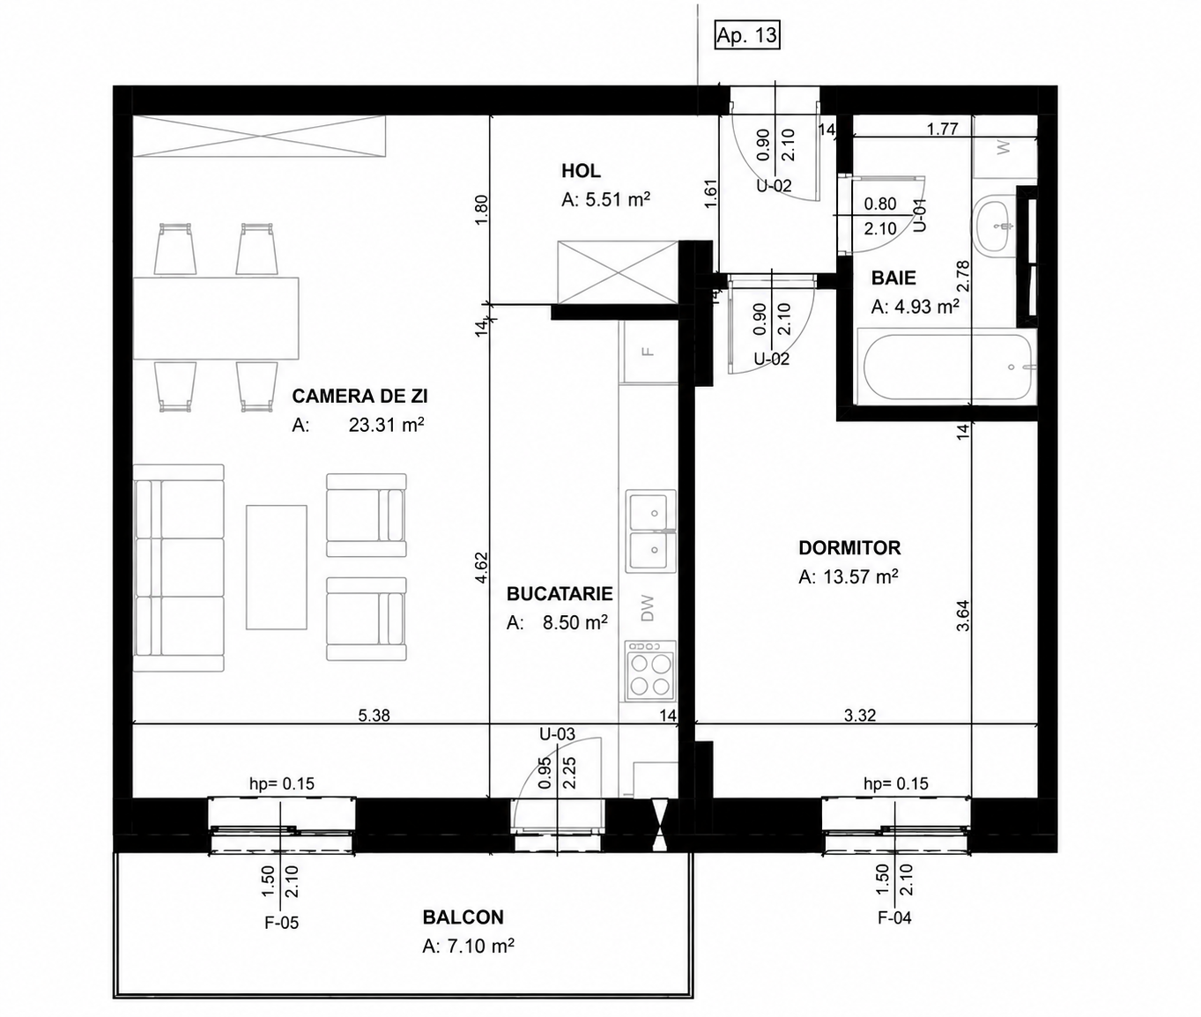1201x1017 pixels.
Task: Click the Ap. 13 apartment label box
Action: (746, 35)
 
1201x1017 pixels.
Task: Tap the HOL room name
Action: (581, 171)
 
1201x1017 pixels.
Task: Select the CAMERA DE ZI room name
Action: (360, 397)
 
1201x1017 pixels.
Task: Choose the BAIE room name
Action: (893, 278)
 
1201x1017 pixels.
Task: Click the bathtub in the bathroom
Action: (947, 367)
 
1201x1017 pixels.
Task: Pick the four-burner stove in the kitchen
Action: (651, 672)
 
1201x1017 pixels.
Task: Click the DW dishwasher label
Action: (648, 608)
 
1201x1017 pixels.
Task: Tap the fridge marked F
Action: (649, 351)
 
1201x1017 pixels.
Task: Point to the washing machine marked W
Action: (1005, 147)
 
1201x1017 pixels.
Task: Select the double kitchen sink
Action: (651, 531)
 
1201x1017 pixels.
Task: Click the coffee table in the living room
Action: (277, 568)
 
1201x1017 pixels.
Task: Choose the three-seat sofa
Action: (179, 568)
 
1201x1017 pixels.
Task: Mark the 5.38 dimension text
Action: (374, 715)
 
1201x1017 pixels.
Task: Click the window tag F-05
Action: (282, 923)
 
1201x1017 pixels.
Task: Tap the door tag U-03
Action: (557, 734)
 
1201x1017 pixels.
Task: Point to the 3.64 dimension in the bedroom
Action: (963, 615)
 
